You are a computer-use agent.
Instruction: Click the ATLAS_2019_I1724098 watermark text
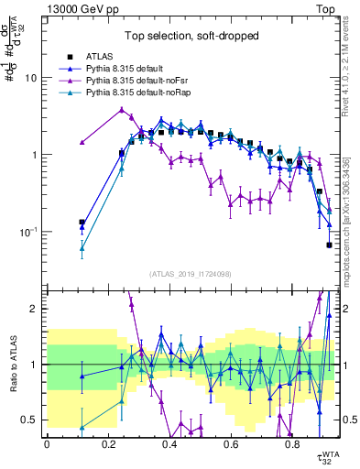tap(191, 273)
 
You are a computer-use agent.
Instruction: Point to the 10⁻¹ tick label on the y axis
tap(27, 232)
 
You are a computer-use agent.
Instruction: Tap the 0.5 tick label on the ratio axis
tap(30, 420)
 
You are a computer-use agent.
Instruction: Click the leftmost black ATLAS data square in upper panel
tap(82, 222)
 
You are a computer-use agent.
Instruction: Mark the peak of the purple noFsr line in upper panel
tap(122, 109)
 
